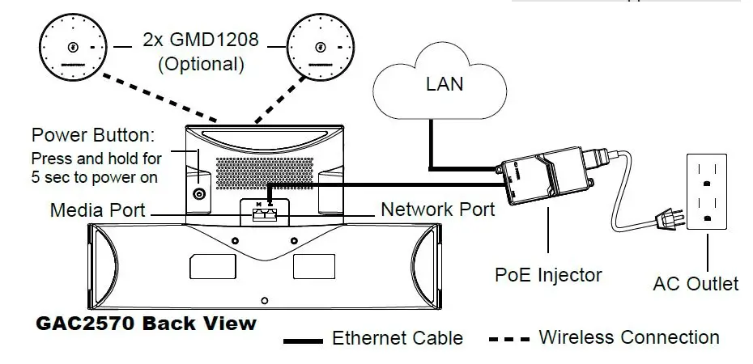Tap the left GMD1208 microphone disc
click(73, 47)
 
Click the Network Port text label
click(437, 210)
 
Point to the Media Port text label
click(97, 210)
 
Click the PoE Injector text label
click(548, 275)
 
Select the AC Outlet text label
click(695, 284)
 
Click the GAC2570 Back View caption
click(147, 324)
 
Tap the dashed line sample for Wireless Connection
click(508, 338)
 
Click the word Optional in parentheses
click(201, 65)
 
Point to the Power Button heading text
click(92, 133)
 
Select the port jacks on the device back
click(264, 214)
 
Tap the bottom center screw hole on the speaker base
click(264, 301)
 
